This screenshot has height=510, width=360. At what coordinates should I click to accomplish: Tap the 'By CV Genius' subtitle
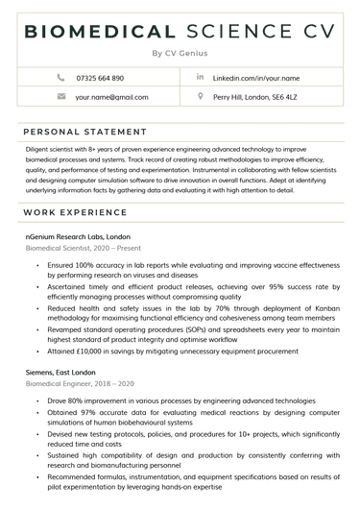(x=180, y=53)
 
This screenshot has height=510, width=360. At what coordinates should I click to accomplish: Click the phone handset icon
(x=61, y=77)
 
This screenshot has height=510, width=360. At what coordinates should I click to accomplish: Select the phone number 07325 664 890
(x=100, y=78)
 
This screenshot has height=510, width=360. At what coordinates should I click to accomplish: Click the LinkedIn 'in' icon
(x=200, y=77)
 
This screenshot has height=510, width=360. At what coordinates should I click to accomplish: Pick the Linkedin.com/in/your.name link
(x=256, y=78)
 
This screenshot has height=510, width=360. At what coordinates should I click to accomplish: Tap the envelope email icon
(x=61, y=97)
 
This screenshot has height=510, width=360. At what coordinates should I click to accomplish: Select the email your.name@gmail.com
(x=111, y=97)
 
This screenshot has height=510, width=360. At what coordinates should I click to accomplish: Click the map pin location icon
(x=200, y=97)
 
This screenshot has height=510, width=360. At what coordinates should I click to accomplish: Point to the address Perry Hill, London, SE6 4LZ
(x=254, y=97)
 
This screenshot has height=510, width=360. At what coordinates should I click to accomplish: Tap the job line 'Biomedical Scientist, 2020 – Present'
(x=84, y=248)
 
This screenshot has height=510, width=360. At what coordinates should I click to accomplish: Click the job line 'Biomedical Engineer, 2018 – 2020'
(x=80, y=382)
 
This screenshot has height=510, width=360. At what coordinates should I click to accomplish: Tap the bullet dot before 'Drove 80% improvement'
(x=36, y=400)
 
